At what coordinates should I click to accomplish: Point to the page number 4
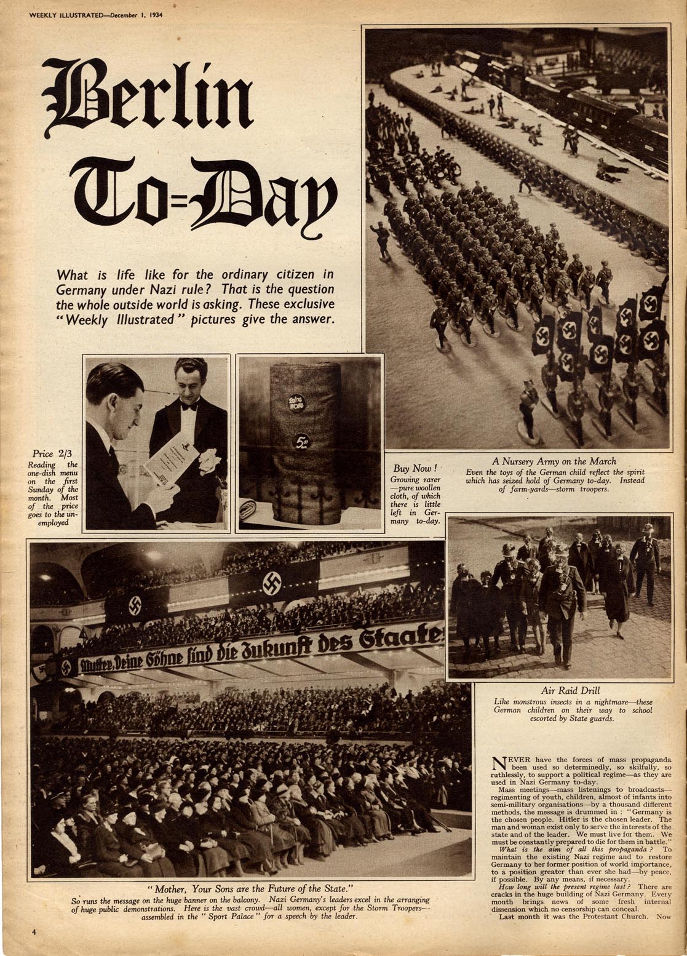click(34, 932)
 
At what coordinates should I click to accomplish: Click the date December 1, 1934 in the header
click(132, 15)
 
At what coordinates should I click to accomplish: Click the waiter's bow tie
click(189, 406)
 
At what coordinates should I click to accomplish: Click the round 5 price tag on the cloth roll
click(301, 440)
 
